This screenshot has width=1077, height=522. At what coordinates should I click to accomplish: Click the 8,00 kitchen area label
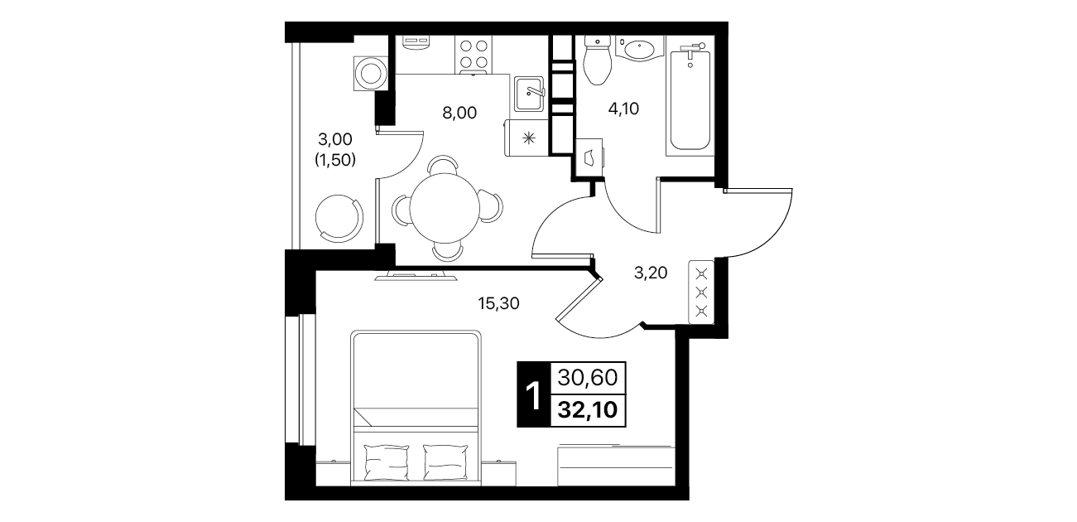pyautogui.click(x=459, y=113)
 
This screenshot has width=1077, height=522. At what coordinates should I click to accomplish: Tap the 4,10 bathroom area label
pyautogui.click(x=623, y=109)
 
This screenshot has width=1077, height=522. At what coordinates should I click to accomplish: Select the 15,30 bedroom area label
pyautogui.click(x=498, y=303)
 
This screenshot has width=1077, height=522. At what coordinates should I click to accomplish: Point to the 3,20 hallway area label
pyautogui.click(x=651, y=273)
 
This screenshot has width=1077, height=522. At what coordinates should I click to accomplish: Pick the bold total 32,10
pyautogui.click(x=588, y=410)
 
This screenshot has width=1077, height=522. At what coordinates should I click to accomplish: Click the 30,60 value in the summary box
pyautogui.click(x=588, y=378)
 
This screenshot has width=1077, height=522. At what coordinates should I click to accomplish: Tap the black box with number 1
pyautogui.click(x=534, y=394)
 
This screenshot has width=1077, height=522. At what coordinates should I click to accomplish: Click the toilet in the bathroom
pyautogui.click(x=597, y=60)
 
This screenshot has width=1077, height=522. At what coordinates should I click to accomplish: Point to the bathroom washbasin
pyautogui.click(x=639, y=50)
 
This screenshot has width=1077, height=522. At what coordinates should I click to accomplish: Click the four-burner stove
pyautogui.click(x=474, y=55)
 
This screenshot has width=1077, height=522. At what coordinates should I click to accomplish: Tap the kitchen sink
pyautogui.click(x=528, y=94)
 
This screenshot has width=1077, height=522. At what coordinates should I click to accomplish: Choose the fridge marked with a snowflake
pyautogui.click(x=526, y=138)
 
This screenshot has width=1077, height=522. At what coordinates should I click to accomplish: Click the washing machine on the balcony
pyautogui.click(x=370, y=74)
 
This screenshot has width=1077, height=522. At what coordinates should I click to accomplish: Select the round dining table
pyautogui.click(x=445, y=208)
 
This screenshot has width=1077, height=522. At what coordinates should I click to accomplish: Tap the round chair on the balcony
pyautogui.click(x=339, y=219)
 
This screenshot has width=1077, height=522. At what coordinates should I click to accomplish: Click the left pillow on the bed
pyautogui.click(x=387, y=462)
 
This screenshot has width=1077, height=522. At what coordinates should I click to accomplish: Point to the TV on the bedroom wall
pyautogui.click(x=416, y=276)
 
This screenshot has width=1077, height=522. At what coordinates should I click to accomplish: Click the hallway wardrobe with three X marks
pyautogui.click(x=701, y=292)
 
